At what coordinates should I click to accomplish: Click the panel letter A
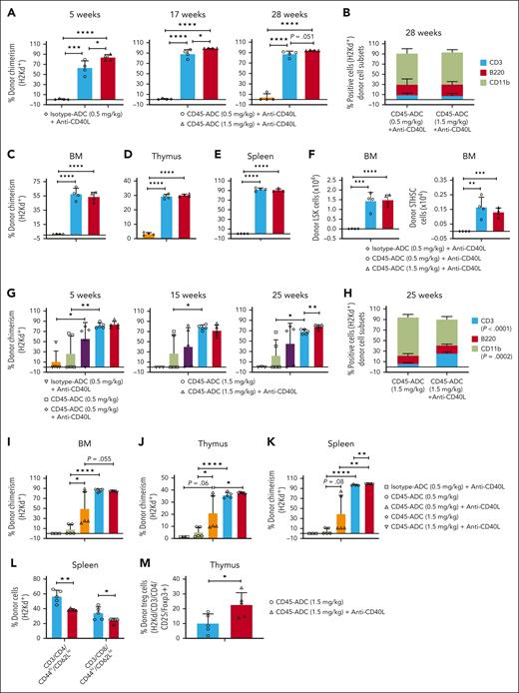[9, 9]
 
